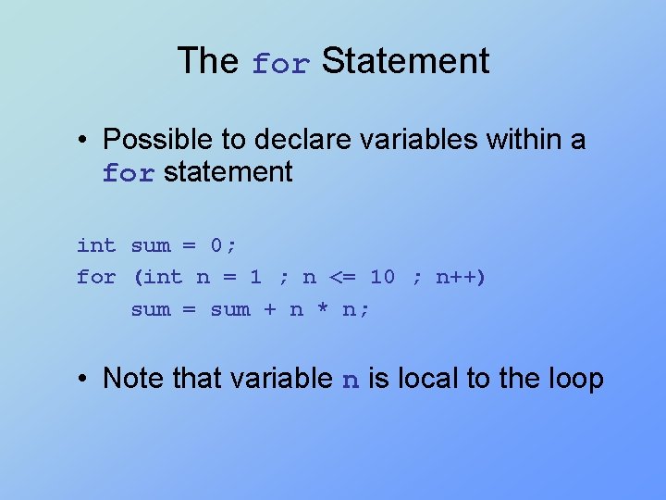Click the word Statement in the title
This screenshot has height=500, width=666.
click(405, 61)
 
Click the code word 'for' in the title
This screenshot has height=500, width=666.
click(281, 64)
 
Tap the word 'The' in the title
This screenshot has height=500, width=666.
click(208, 61)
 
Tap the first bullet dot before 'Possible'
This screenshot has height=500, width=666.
click(83, 140)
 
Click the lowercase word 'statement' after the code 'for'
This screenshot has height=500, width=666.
click(228, 172)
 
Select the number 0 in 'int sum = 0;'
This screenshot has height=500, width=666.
click(216, 245)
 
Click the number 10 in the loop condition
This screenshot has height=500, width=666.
click(382, 277)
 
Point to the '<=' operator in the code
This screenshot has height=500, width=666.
click(343, 277)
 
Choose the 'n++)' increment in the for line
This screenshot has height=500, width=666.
click(461, 277)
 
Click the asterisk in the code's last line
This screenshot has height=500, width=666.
click(323, 310)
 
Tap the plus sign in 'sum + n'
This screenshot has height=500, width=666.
click(269, 310)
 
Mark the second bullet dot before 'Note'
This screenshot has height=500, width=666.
click(83, 379)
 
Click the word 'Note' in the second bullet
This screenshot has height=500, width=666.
click(129, 378)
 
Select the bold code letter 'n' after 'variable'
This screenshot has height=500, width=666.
click(351, 381)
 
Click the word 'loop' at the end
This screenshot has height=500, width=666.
click(577, 380)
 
